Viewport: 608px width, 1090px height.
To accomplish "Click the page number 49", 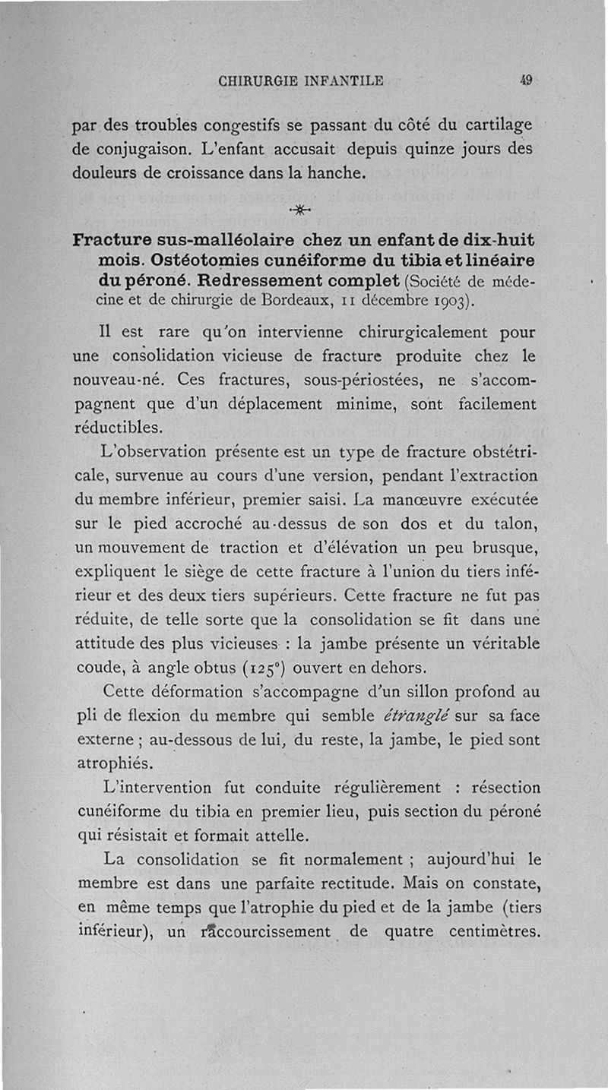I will coord(525,79).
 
